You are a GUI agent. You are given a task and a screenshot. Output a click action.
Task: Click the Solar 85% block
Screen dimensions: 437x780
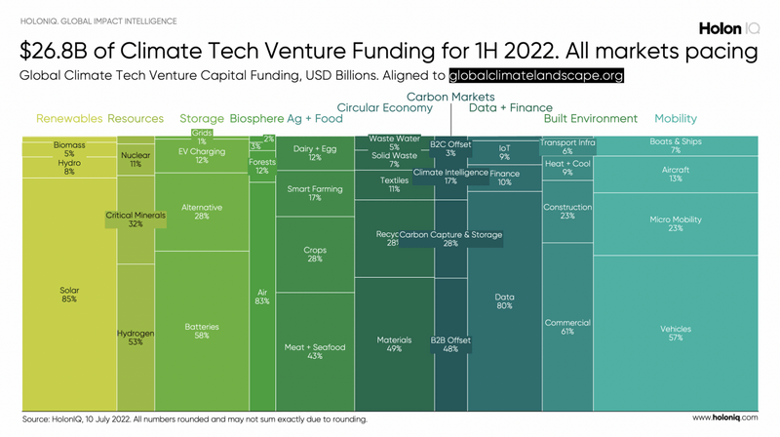68,293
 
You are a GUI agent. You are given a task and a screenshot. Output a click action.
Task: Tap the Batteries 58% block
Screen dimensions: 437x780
202,331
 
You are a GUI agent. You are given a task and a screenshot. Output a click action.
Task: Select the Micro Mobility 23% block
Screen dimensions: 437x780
676,224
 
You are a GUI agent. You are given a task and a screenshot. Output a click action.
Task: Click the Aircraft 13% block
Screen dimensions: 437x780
676,174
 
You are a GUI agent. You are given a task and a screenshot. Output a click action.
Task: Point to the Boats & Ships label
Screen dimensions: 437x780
676,140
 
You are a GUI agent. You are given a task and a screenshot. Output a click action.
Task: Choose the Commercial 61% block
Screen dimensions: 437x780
566,327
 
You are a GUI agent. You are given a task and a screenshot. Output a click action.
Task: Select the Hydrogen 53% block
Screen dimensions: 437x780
136,338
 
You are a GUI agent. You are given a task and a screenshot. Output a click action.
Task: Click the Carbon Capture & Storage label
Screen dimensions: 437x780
451,235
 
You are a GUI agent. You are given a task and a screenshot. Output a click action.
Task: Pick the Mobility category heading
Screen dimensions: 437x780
676,119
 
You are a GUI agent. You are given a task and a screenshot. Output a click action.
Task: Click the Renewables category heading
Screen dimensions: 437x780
68,119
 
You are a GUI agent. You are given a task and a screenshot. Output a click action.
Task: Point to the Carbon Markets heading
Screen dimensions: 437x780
450,97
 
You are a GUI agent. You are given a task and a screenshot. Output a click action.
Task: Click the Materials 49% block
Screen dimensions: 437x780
395,342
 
